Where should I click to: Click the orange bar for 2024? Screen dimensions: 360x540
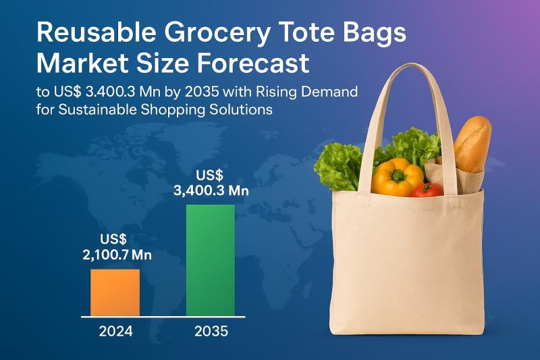(x=115, y=292)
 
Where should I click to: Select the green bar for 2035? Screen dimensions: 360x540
(x=211, y=260)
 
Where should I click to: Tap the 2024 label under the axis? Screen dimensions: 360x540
(x=115, y=331)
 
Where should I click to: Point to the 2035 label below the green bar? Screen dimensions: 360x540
(x=211, y=331)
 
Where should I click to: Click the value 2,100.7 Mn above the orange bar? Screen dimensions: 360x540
(x=115, y=255)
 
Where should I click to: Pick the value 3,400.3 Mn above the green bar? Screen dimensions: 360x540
(x=211, y=190)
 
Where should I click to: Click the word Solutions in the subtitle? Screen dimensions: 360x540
(x=242, y=109)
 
